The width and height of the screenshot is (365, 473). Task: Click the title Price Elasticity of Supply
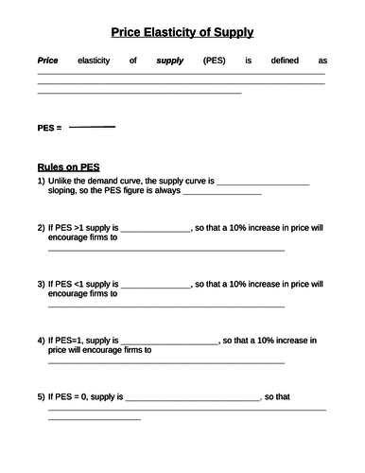pos(182,32)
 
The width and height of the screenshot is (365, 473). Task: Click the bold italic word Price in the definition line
pos(47,61)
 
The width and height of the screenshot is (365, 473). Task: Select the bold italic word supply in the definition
pos(170,61)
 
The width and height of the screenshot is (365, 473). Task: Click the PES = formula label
pos(49,127)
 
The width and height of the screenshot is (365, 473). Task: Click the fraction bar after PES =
pos(92,126)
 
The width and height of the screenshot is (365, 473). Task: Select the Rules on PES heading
pos(68,166)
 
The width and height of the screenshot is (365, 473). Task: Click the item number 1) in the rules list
pos(41,180)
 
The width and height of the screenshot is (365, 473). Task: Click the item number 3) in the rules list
pos(41,283)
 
